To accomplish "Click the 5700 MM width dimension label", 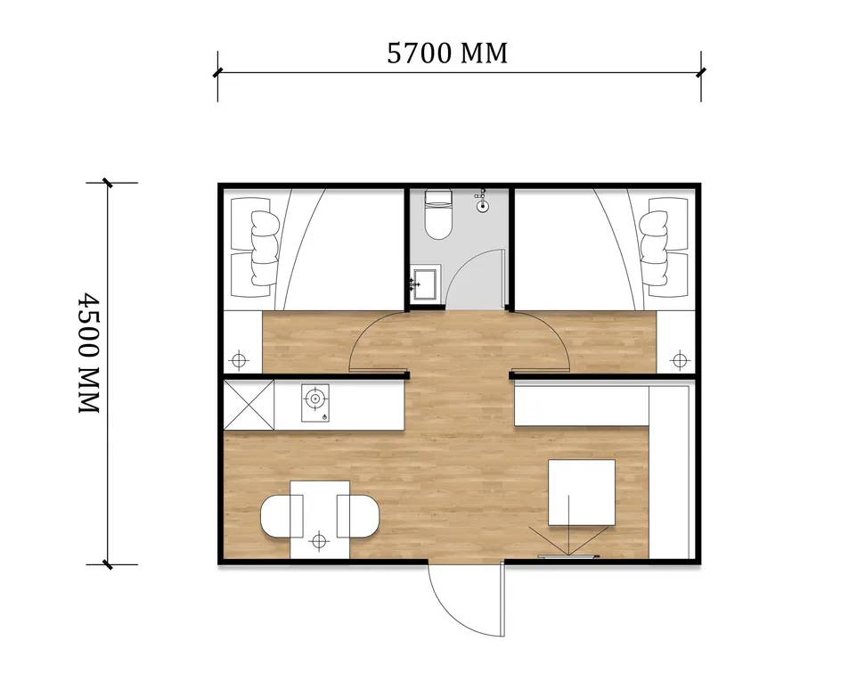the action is [447, 53].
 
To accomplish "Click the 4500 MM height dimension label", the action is [89, 353].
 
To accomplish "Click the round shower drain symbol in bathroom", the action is [483, 205].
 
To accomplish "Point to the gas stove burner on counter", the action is [315, 399].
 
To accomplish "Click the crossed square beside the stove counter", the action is [249, 406].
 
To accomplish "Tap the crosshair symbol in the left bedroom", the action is [239, 360].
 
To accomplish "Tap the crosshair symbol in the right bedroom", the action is [679, 360].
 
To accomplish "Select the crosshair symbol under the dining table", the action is [319, 540].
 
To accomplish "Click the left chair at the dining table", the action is [281, 516].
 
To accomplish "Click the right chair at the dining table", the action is [357, 516].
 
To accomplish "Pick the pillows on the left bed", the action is [265, 248].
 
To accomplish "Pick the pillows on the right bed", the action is [654, 248].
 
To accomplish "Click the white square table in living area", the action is [582, 492].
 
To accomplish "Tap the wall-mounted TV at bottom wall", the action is [568, 556].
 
